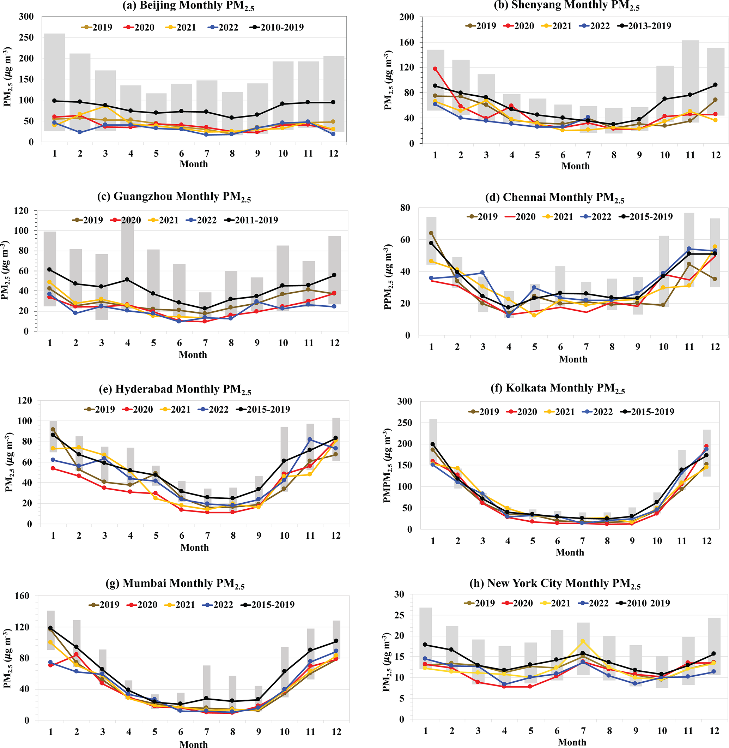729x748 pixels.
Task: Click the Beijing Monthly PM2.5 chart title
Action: pos(188,6)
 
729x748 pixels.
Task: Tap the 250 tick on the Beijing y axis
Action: pos(26,37)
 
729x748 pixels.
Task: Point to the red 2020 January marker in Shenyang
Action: pos(435,69)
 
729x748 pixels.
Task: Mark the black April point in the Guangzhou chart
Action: pos(128,280)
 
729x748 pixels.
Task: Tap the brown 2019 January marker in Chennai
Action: pos(431,233)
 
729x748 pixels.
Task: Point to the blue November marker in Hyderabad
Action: pos(310,439)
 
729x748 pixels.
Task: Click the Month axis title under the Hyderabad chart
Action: pos(194,547)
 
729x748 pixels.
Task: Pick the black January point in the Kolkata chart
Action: pos(433,444)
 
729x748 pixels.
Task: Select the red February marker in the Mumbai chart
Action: pos(77,654)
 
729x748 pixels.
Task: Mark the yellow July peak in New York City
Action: pos(583,641)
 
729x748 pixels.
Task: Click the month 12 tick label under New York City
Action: pos(715,731)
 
